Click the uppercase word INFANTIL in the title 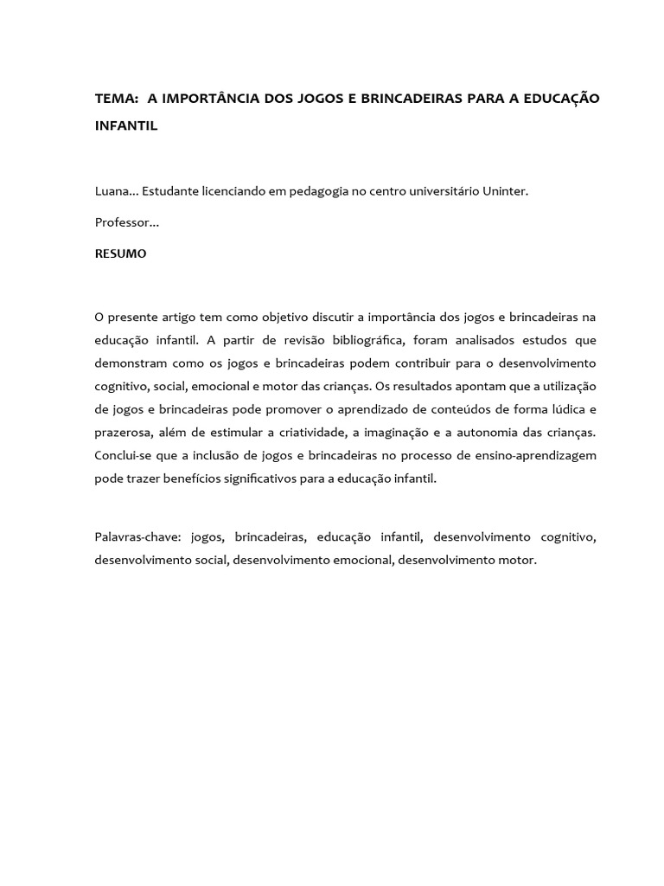click(x=126, y=125)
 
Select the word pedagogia click(x=312, y=191)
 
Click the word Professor click(x=124, y=222)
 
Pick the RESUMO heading click(x=120, y=254)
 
